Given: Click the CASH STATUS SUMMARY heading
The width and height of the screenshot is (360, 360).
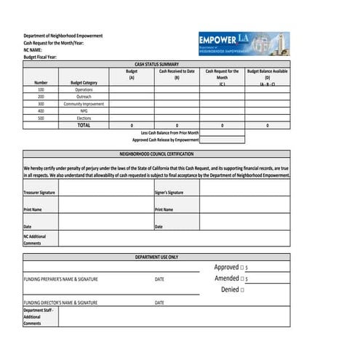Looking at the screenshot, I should tap(156, 64).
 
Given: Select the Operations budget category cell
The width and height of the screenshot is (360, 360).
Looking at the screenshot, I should tap(84, 89).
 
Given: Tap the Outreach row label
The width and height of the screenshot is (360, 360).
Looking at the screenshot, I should tap(84, 97).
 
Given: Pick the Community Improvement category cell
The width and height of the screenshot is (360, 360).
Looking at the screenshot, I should tap(84, 104).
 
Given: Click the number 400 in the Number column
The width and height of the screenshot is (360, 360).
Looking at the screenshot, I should tap(41, 111).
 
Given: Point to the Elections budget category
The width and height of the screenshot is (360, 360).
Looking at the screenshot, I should tap(84, 118).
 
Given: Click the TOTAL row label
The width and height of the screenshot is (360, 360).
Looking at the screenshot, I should tap(84, 125).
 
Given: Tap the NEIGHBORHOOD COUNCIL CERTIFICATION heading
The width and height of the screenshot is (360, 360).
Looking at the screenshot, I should tap(156, 154).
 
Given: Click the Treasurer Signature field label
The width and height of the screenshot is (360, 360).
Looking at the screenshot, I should tap(39, 193).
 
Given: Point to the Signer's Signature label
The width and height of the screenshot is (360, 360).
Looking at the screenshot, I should tap(169, 193).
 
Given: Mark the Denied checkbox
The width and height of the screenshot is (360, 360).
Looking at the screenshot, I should tap(242, 289).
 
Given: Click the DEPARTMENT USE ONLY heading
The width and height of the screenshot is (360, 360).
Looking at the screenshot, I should tap(156, 257).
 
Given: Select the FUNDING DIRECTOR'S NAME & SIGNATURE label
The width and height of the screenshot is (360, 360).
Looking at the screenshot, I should tap(60, 303).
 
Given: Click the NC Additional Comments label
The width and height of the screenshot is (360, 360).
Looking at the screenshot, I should tap(34, 239).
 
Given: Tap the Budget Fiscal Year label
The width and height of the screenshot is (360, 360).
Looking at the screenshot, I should tap(39, 57).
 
